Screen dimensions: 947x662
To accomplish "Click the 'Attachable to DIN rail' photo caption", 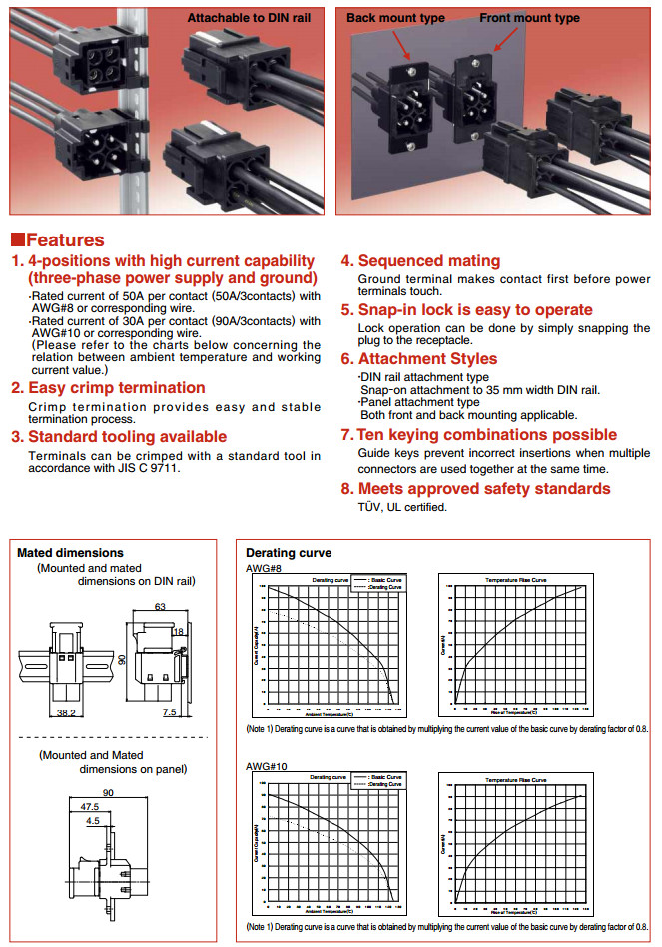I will click(x=254, y=18).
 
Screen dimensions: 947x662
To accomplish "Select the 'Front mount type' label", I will click(x=529, y=18).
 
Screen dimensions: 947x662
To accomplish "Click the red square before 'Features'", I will click(x=17, y=240).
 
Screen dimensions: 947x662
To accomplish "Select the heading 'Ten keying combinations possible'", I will click(x=487, y=434).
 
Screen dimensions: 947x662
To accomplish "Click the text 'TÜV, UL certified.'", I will click(x=402, y=507).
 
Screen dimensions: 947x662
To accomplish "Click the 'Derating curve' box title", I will click(x=289, y=552).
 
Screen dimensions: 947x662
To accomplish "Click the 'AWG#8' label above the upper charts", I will click(x=264, y=567).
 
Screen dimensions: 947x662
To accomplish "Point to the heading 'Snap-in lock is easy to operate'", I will click(x=474, y=309).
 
